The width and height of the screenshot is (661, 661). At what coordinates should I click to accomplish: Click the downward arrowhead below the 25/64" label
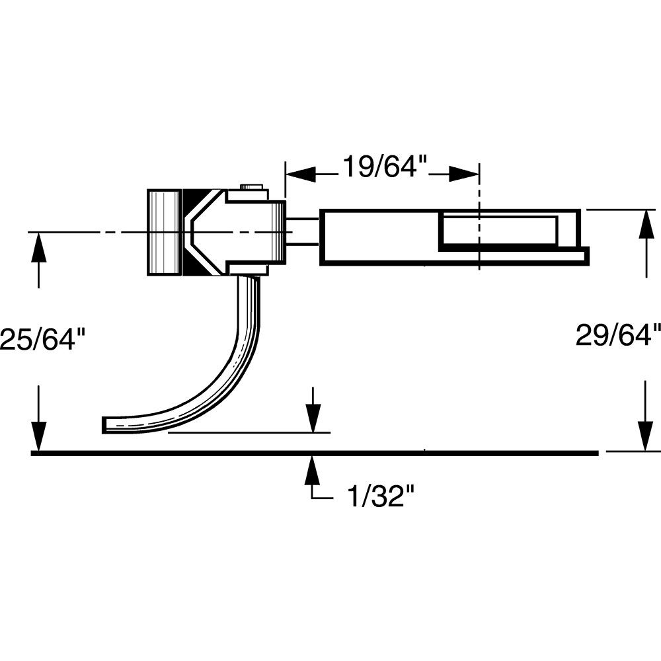click(39, 436)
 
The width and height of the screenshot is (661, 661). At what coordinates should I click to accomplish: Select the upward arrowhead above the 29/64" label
click(645, 225)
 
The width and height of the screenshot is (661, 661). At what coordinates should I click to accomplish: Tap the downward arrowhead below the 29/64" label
click(645, 436)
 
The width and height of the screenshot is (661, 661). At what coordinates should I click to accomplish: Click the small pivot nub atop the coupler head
click(252, 188)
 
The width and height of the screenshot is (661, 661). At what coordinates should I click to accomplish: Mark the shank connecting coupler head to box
click(303, 232)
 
